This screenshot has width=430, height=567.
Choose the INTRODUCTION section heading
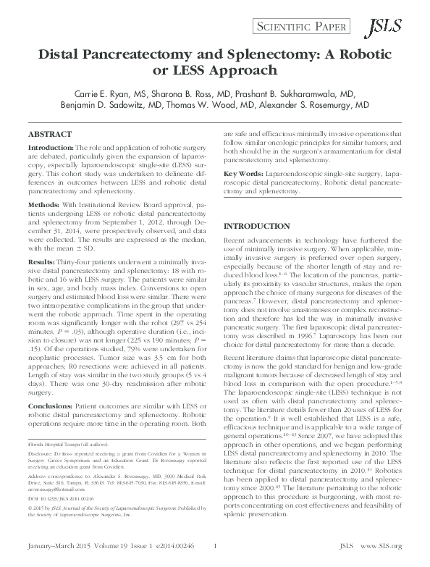[x=254, y=226]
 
